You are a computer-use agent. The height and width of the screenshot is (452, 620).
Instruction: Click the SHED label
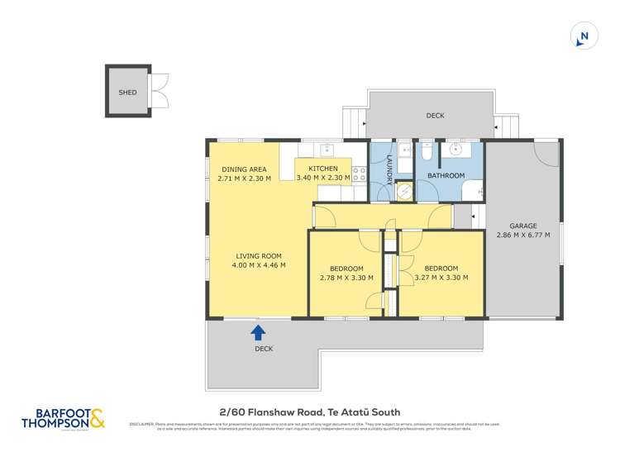pyautogui.click(x=127, y=93)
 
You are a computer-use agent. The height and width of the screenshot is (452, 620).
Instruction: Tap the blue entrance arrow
pyautogui.click(x=258, y=332)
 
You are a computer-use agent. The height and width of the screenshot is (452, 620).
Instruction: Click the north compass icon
pyautogui.click(x=584, y=36)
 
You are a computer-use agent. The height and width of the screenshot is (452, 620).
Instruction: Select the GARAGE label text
pyautogui.click(x=523, y=226)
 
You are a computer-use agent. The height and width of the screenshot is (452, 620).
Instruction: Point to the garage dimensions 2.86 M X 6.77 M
pyautogui.click(x=523, y=236)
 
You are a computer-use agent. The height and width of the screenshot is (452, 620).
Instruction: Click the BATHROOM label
pyautogui.click(x=446, y=176)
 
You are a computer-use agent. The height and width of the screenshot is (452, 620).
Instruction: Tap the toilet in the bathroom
pyautogui.click(x=423, y=153)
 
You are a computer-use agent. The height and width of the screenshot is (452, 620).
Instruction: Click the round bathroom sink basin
pyautogui.click(x=455, y=150)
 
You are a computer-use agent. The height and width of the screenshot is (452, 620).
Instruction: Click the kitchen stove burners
pyautogui.click(x=360, y=174)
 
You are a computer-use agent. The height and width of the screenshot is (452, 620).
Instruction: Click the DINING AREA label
pyautogui.click(x=245, y=169)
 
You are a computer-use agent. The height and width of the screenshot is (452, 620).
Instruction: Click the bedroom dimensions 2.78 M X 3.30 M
pyautogui.click(x=347, y=278)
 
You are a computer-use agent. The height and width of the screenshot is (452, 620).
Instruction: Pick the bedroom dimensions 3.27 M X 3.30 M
pyautogui.click(x=441, y=278)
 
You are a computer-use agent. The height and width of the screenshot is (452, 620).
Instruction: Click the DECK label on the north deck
pyautogui.click(x=435, y=116)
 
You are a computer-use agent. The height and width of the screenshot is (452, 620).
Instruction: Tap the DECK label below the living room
pyautogui.click(x=264, y=349)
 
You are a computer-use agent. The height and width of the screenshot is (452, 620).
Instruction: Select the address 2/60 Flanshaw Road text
pyautogui.click(x=309, y=412)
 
